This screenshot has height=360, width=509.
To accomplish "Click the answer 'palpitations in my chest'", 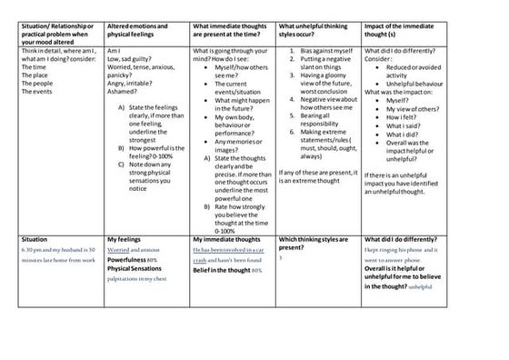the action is coord(139,279).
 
